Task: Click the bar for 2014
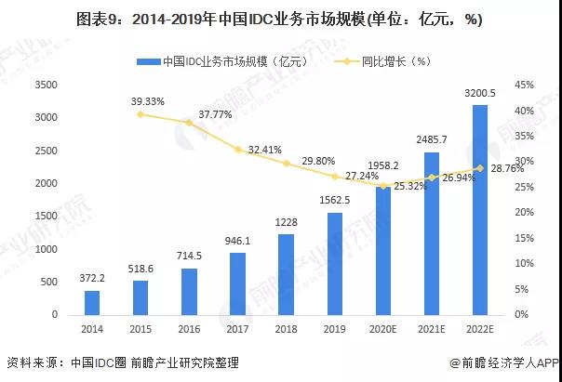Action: [x=91, y=303]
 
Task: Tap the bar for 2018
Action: [x=286, y=275]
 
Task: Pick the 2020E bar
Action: [x=382, y=251]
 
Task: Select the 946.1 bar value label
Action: [x=237, y=241]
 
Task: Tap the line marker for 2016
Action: [x=189, y=123]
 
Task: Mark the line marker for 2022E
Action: [x=480, y=168]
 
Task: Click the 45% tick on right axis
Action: [x=523, y=86]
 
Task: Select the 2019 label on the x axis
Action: [x=334, y=328]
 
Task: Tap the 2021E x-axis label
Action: [x=432, y=328]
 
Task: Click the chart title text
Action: [x=280, y=19]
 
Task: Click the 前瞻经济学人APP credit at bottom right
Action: [x=502, y=363]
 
